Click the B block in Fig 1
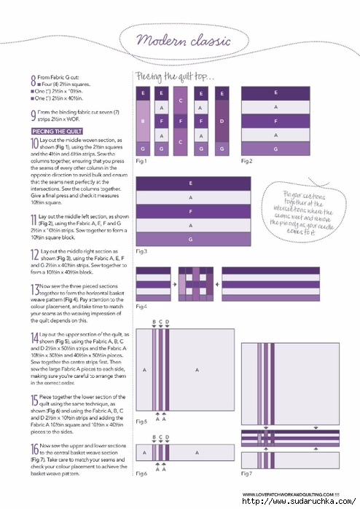pos(143,121)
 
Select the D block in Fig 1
pos(220,121)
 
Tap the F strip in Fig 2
pos(274,120)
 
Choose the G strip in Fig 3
pos(191,239)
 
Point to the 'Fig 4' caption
pos(141,307)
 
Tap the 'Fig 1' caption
pos(141,160)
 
